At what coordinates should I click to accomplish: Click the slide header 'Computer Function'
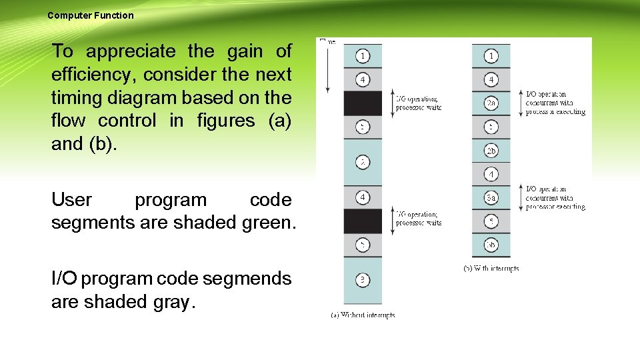(91, 15)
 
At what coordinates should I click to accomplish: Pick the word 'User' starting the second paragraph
(72, 200)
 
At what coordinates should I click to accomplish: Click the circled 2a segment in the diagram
(491, 103)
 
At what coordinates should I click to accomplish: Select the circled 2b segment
(491, 151)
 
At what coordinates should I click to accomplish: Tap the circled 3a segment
(491, 197)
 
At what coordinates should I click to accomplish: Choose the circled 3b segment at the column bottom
(491, 245)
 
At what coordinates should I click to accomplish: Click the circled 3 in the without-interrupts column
(362, 280)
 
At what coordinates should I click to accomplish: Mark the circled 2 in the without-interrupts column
(362, 162)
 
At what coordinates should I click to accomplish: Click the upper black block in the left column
(363, 103)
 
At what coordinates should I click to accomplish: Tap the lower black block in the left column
(363, 221)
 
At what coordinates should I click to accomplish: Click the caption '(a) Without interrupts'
(363, 315)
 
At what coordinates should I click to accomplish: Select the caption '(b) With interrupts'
(491, 268)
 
